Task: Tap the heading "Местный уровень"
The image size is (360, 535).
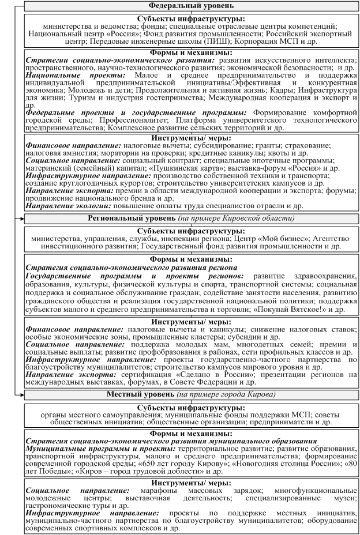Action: click(141, 394)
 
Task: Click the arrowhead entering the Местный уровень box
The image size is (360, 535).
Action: click(22, 394)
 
